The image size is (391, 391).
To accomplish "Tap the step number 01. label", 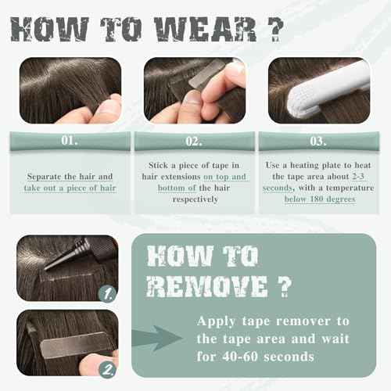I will click(70, 142).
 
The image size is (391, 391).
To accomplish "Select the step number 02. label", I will click(193, 142).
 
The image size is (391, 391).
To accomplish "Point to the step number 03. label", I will click(317, 142).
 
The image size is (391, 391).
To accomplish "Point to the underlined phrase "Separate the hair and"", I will click(70, 177).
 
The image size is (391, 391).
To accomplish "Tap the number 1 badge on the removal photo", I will click(110, 294).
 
